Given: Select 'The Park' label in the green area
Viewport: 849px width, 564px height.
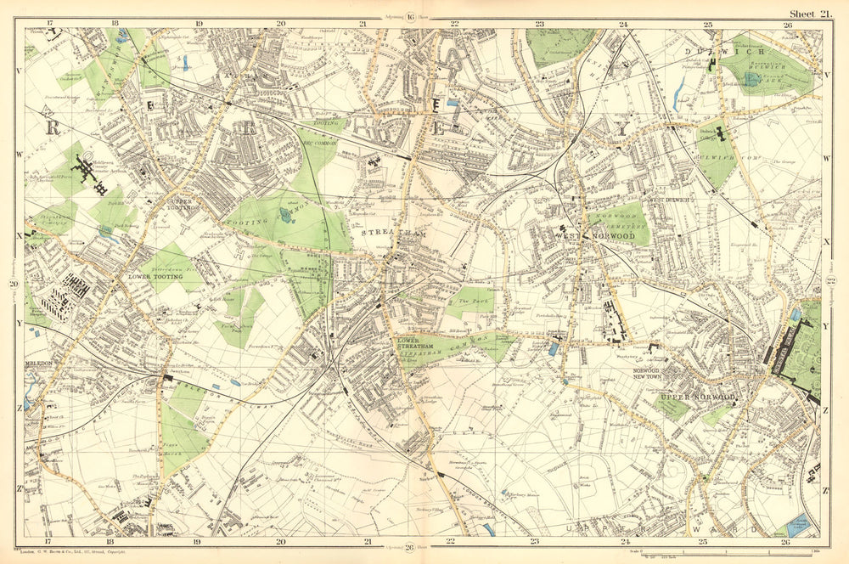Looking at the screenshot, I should click(469, 302).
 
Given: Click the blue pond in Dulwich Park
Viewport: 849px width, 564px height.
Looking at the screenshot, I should click(751, 79).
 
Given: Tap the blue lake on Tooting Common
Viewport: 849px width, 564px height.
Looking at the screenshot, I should click(284, 215).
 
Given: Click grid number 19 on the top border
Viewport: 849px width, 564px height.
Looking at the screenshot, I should click(198, 25).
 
